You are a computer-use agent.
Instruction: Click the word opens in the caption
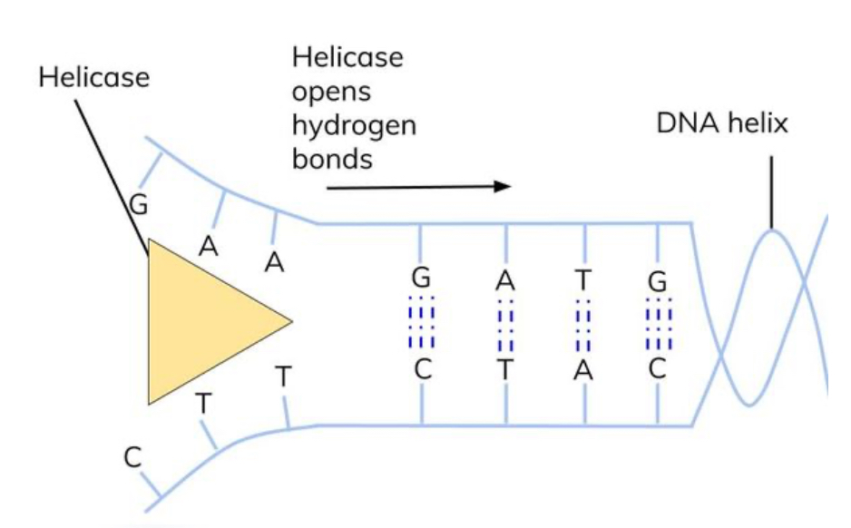pyautogui.click(x=331, y=92)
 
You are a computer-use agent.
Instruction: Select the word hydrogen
pyautogui.click(x=354, y=125)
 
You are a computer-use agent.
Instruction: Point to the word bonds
pyautogui.click(x=332, y=158)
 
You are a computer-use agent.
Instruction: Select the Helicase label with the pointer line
pyautogui.click(x=93, y=77)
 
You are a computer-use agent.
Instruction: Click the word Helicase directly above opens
pyautogui.click(x=347, y=57)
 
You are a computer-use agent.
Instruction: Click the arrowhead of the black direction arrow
pyautogui.click(x=503, y=186)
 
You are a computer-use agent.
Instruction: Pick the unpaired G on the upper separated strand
pyautogui.click(x=139, y=205)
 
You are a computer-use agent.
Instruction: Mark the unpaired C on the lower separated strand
pyautogui.click(x=132, y=458)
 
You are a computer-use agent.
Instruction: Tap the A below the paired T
pyautogui.click(x=585, y=370)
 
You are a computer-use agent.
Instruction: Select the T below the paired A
pyautogui.click(x=504, y=370)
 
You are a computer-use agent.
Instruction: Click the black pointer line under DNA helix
pyautogui.click(x=772, y=191)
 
